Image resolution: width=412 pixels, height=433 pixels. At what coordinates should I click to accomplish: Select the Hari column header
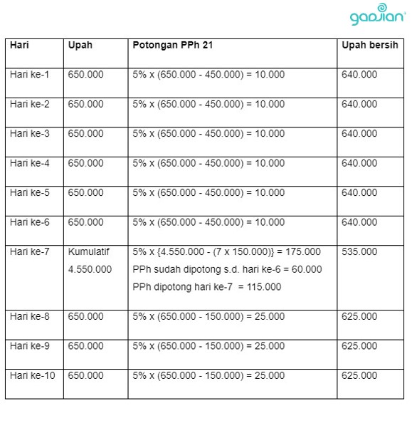pos(19,45)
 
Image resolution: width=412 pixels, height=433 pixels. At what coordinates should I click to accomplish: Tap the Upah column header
pos(80,45)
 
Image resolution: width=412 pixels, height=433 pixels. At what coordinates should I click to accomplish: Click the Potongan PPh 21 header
pos(173,45)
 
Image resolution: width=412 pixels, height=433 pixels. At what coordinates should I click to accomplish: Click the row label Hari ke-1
pos(30,74)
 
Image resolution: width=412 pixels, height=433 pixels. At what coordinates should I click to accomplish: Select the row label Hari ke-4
pos(30,163)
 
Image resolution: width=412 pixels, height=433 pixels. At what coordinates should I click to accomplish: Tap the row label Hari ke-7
pos(30,251)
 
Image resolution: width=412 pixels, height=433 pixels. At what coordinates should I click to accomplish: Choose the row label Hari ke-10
pos(33,375)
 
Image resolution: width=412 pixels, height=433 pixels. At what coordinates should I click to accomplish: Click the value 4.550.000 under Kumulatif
pos(90,269)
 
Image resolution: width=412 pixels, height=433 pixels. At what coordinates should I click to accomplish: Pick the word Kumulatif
pos(86,251)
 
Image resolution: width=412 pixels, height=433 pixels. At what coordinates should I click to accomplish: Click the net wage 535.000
pos(359,251)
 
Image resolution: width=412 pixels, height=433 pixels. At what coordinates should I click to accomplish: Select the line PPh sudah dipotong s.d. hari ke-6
pos(227,269)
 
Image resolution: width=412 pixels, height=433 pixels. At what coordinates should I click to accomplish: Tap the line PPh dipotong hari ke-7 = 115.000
pos(206,287)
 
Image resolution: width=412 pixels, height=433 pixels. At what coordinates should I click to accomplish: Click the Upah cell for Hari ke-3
pos(85,133)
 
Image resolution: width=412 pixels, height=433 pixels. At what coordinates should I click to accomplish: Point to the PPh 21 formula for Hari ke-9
pos(208,345)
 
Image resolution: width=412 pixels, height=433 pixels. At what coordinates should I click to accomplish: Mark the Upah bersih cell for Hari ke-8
pos(359,316)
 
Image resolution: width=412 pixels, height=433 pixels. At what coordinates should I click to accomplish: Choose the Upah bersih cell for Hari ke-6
pos(359,222)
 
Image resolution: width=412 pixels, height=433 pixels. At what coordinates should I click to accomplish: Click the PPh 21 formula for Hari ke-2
pos(208,104)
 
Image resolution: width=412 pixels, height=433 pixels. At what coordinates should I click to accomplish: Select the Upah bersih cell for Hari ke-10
pos(359,375)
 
